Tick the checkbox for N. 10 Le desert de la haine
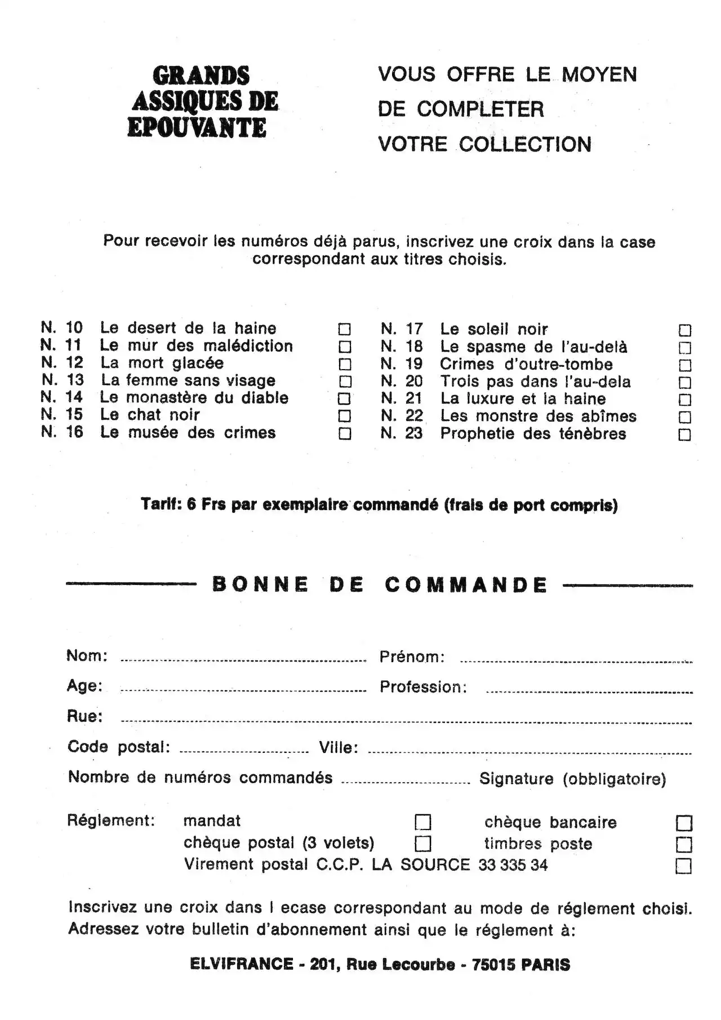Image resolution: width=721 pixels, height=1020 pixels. point(344,329)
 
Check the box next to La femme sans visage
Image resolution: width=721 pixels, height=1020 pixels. point(344,382)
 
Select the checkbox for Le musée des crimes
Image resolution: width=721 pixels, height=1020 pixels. point(344,434)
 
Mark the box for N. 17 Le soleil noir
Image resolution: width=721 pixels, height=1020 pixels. point(684,330)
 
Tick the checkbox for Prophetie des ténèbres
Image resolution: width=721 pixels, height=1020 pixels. point(684,435)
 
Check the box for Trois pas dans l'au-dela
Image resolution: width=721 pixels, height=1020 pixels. point(684,383)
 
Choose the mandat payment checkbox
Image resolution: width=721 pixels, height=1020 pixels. point(422,823)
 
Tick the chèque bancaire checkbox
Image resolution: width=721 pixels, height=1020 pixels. point(684,823)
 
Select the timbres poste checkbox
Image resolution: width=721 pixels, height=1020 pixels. point(684,844)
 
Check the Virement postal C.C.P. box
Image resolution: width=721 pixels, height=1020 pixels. point(683,866)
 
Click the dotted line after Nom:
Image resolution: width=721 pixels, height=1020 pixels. point(243,659)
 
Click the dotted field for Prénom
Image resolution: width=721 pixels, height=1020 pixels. point(576,660)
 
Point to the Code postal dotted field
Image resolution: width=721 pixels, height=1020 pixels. point(243,751)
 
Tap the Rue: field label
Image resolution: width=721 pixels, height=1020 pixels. point(84,716)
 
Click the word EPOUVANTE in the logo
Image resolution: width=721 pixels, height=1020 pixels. point(197,127)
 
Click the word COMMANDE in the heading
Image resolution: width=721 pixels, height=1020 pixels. point(466,585)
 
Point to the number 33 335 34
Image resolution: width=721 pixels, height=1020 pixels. point(513,865)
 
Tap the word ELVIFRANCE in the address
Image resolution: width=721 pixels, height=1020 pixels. point(242,964)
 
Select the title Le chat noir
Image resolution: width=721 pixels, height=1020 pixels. point(150,415)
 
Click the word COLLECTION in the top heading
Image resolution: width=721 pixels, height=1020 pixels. point(525,144)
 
